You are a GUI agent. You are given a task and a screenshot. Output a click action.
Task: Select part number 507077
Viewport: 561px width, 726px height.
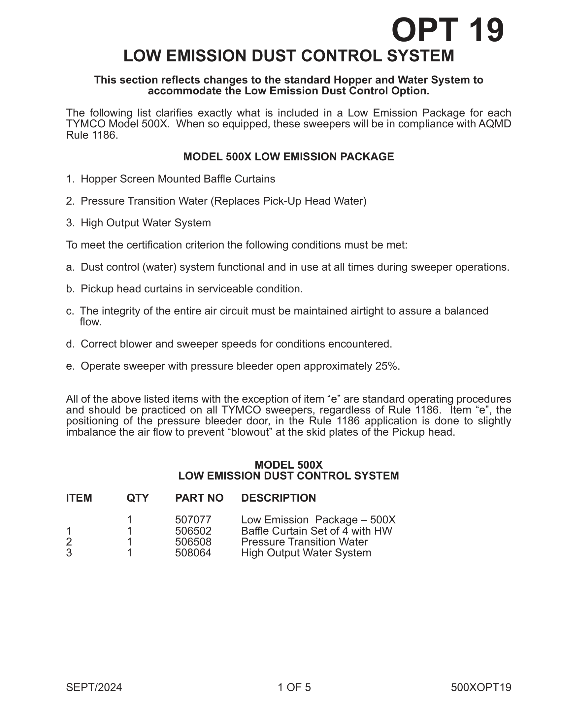coord(193,519)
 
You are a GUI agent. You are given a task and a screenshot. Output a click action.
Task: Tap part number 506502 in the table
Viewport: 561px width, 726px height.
coord(193,531)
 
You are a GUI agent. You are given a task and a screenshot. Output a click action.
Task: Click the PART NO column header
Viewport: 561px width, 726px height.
coord(199,498)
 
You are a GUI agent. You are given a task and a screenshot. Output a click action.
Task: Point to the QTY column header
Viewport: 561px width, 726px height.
coord(138,498)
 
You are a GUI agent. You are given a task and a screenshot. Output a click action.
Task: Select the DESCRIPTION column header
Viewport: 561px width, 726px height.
coord(279,498)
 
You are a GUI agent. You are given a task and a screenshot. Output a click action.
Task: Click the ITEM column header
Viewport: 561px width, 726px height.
coord(79,498)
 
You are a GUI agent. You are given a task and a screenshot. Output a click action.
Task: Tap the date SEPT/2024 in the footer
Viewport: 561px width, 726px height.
coord(94,687)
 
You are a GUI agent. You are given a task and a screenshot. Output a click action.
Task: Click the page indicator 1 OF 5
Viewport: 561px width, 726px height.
coord(294,687)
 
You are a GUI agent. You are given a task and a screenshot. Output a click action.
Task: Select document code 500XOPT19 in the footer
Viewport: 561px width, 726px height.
coord(481,687)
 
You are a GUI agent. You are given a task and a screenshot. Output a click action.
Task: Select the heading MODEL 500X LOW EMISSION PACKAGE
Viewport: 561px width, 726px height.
coord(288,156)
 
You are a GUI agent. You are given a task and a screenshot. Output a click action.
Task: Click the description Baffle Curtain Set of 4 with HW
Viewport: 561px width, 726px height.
coord(316,531)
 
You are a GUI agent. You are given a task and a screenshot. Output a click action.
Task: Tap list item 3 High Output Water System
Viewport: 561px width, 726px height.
coord(146,223)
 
